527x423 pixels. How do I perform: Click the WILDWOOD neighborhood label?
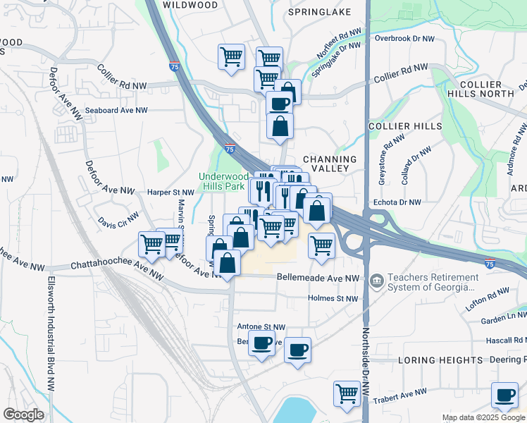[x=190, y=5]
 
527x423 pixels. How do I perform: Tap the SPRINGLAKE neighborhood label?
[x=319, y=13]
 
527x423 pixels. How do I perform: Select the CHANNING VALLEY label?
[x=330, y=164]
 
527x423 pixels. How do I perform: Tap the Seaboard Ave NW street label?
[x=116, y=111]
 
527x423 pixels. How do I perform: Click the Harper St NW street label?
[x=170, y=192]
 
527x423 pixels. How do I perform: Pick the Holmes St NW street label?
[x=334, y=298]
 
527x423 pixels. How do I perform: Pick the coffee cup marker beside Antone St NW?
[x=262, y=343]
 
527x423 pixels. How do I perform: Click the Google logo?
[x=24, y=415]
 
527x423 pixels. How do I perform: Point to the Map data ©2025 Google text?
[x=484, y=417]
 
